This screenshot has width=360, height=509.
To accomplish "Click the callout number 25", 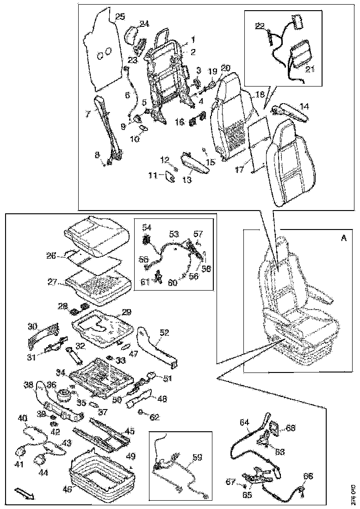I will coord(120,17).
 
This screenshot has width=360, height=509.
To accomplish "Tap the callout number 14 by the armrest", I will coord(304,106).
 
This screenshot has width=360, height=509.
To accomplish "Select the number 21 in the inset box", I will coord(310,69).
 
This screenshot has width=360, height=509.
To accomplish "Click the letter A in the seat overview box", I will coord(343,238).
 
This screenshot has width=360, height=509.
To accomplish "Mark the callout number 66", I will coord(307,476).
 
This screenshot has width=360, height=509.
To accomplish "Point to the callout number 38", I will coord(29,384).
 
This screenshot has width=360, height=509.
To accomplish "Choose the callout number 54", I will coord(147,227).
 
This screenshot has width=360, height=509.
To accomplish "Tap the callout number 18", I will coord(260,94).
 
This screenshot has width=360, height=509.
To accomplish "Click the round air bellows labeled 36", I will coord(63,397).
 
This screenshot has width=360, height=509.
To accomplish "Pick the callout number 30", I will coord(32,327).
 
